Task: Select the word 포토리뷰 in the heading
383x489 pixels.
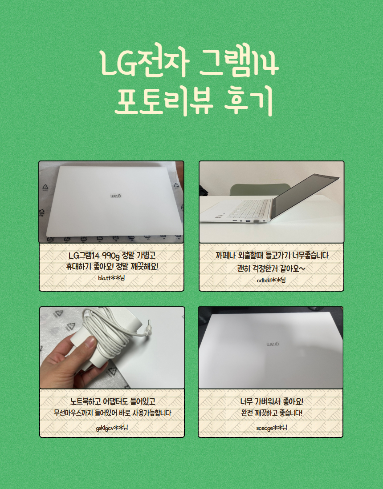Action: point(164,100)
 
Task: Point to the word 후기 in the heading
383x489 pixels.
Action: point(249,100)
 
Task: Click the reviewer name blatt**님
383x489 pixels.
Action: point(111,278)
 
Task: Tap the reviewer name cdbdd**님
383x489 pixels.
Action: point(271,280)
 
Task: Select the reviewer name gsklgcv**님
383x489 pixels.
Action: point(112,428)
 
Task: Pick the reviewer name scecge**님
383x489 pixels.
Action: point(272,428)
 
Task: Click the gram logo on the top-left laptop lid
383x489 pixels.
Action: point(116,196)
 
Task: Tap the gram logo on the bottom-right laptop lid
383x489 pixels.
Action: point(273,344)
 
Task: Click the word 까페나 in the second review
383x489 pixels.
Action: point(225,256)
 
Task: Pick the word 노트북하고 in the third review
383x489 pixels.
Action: point(86,401)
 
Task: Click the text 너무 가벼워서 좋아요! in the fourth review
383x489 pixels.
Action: point(272,401)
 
